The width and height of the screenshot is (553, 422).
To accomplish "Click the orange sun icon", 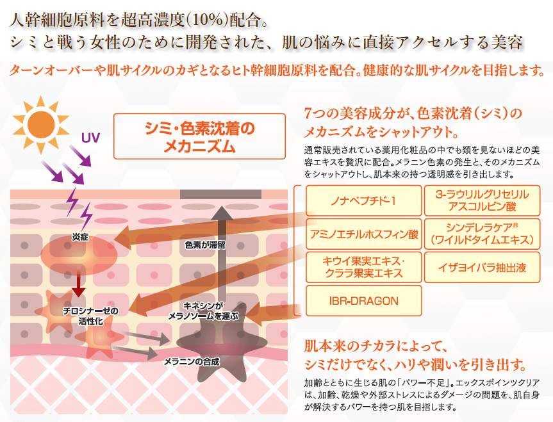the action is point(41,124).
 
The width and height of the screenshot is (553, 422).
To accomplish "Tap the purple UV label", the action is point(90,138).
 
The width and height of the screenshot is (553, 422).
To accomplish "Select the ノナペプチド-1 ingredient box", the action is point(363,200).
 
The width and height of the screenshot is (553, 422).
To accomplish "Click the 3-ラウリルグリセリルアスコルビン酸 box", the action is point(482,200).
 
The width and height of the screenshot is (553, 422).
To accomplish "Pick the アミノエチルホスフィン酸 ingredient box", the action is point(363,234).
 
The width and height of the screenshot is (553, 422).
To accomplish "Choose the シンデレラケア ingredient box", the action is point(482,234).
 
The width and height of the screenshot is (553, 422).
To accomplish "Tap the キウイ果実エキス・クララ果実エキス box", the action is point(363,267).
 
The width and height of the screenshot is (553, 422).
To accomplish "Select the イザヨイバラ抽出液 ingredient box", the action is point(482,267).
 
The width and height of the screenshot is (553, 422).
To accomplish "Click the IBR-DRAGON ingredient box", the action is point(363,301).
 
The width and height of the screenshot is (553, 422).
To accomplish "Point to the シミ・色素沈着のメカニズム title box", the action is point(199,136).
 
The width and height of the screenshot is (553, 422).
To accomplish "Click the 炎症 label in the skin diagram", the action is point(80,238).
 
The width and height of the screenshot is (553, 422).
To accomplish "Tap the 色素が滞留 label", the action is point(205,245).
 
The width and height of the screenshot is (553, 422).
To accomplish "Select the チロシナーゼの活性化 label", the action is point(90,316).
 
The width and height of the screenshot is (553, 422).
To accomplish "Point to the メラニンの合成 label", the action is point(192,362).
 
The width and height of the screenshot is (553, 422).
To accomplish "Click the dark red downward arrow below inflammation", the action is point(78,281).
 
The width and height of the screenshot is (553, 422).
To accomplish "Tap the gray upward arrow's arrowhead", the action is point(222,213).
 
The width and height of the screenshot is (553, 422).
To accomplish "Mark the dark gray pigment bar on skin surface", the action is point(221,194).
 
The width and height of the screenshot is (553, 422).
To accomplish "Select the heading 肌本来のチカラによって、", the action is point(376,346).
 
